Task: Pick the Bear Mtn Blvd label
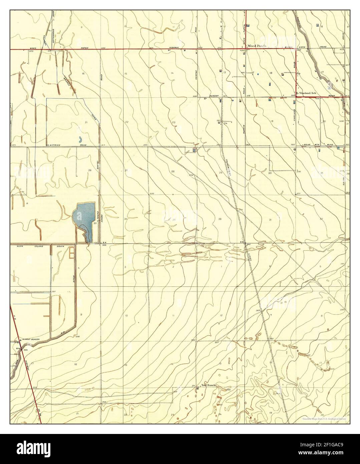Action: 311,145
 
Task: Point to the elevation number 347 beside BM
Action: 248,245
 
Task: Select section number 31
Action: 270,219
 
